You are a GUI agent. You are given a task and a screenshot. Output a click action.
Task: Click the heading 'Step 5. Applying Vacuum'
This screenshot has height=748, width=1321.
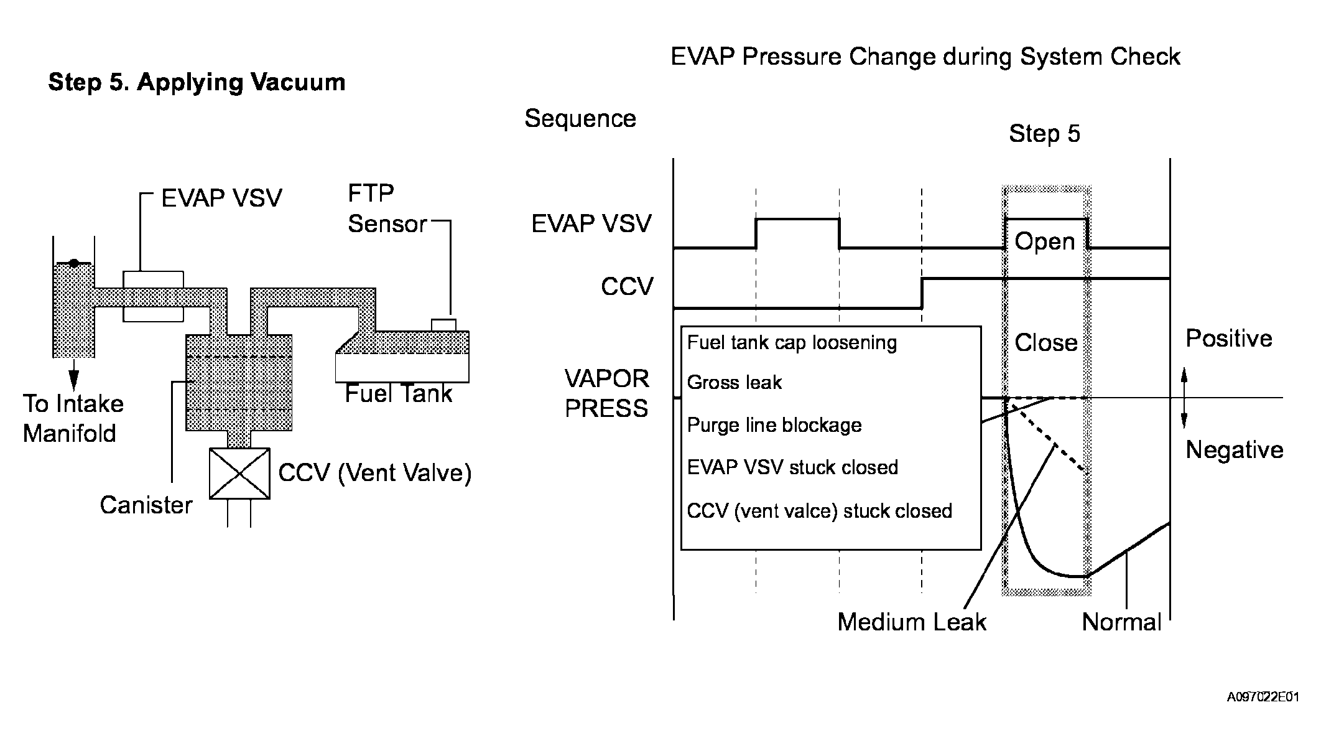pyautogui.click(x=197, y=83)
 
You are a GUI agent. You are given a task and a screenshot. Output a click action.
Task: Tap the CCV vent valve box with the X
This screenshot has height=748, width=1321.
pyautogui.click(x=239, y=474)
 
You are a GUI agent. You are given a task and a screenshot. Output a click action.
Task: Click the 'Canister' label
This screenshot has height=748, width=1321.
pyautogui.click(x=146, y=505)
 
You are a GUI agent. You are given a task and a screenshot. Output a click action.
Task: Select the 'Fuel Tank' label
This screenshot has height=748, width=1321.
pyautogui.click(x=399, y=394)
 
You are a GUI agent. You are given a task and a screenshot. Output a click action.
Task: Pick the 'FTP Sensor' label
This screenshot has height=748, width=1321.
pyautogui.click(x=387, y=208)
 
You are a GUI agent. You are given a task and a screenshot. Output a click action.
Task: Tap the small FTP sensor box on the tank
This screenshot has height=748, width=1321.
pyautogui.click(x=443, y=325)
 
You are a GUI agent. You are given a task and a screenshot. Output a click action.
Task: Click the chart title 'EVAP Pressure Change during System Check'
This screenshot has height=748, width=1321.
pyautogui.click(x=925, y=57)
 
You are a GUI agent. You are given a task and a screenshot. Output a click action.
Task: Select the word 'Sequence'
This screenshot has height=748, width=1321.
pyautogui.click(x=580, y=119)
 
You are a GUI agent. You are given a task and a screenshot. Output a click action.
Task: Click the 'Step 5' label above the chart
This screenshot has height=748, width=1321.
pyautogui.click(x=1044, y=134)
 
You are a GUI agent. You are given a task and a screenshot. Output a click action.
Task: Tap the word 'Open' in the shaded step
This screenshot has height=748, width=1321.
pyautogui.click(x=1045, y=241)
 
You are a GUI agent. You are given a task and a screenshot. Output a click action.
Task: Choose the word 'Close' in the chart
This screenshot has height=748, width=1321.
pyautogui.click(x=1046, y=343)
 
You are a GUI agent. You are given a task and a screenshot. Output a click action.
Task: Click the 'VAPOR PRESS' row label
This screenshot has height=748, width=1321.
pyautogui.click(x=606, y=394)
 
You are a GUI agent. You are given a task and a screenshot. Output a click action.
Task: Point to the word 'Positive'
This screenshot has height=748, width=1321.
pyautogui.click(x=1229, y=339)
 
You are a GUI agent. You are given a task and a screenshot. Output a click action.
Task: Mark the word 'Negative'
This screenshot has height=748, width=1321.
pyautogui.click(x=1235, y=450)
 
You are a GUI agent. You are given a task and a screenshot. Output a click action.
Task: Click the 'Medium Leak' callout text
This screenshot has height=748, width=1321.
pyautogui.click(x=912, y=622)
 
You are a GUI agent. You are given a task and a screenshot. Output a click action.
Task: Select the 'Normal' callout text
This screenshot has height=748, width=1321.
pyautogui.click(x=1121, y=622)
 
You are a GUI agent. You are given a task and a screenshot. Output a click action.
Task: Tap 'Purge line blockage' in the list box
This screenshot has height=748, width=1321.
pyautogui.click(x=774, y=426)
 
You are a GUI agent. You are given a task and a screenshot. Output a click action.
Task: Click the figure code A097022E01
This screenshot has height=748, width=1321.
pyautogui.click(x=1263, y=697)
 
